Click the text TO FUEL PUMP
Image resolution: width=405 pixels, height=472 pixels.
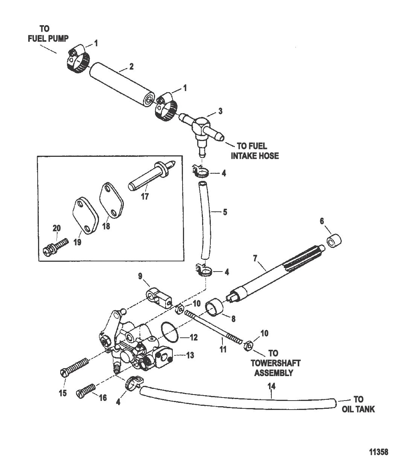(x=48, y=33)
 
